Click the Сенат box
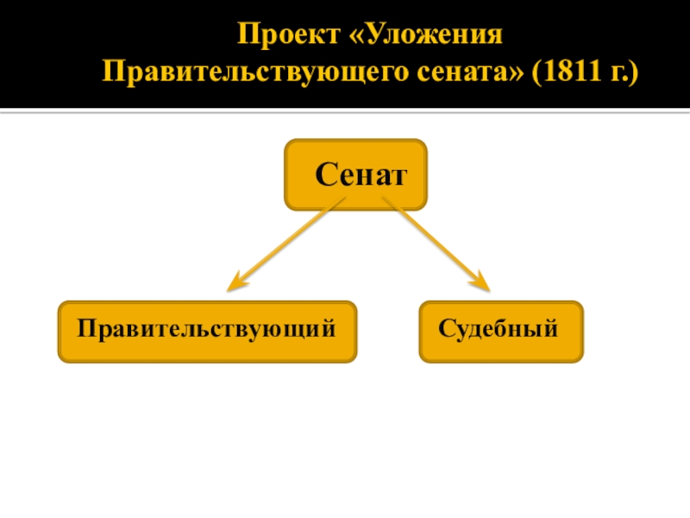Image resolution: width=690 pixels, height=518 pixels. coord(355,174)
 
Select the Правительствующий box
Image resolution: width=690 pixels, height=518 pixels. coord(207,331)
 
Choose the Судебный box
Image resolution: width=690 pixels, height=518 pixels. coord(500,331)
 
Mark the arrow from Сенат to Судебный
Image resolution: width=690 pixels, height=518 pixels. coord(436,245)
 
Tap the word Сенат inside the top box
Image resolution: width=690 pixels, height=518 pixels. coord(360,175)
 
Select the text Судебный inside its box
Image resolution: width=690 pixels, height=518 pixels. coord(499,329)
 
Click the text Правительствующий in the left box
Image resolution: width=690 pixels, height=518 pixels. coord(205,329)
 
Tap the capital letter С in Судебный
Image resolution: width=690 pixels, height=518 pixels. coord(446,329)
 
